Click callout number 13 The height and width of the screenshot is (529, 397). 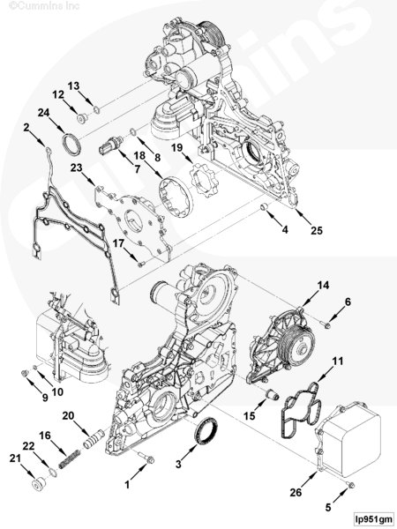pos(73,86)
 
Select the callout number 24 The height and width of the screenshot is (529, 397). pos(43,113)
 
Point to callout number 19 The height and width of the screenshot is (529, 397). pos(176,147)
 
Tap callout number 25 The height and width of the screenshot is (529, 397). pos(317,230)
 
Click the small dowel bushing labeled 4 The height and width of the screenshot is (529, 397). pos(266,205)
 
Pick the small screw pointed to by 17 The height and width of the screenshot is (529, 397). pos(141,264)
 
